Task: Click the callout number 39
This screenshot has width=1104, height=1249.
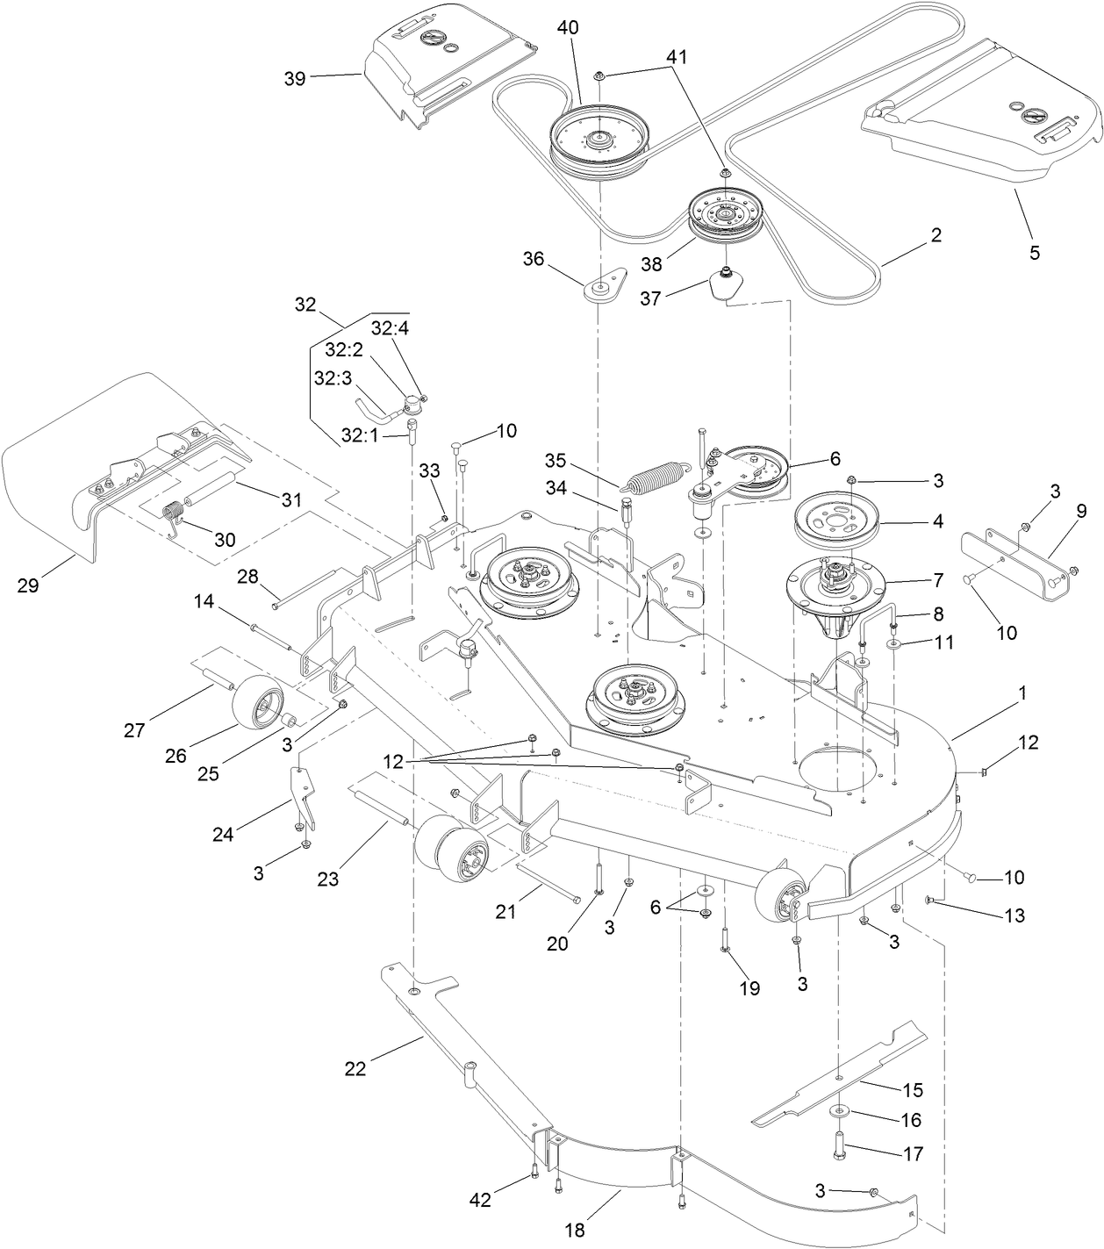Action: point(295,78)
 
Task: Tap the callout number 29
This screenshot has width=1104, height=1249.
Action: point(28,585)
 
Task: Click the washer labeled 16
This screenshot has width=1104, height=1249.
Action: point(838,1112)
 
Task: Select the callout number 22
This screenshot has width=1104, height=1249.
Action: point(355,1068)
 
